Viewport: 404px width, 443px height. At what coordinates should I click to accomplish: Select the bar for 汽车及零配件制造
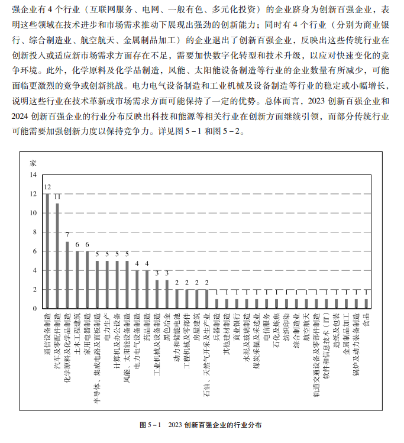coord(57,256)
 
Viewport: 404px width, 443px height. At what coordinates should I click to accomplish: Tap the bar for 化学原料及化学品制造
coord(67,274)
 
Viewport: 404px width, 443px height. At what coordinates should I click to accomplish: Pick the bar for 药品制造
coord(147,289)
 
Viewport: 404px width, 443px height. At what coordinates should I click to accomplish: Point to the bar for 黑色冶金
coord(167,294)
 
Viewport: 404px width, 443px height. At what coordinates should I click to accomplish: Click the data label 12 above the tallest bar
coord(47,186)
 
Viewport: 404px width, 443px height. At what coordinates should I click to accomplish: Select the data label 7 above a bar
coord(67,235)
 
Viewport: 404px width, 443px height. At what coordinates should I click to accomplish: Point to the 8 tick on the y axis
coord(34,232)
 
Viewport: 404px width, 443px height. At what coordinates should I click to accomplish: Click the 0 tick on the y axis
coord(34,309)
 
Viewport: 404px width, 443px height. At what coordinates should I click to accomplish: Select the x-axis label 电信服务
coord(266,325)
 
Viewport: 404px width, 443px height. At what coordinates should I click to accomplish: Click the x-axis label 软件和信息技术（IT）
coord(327,346)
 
